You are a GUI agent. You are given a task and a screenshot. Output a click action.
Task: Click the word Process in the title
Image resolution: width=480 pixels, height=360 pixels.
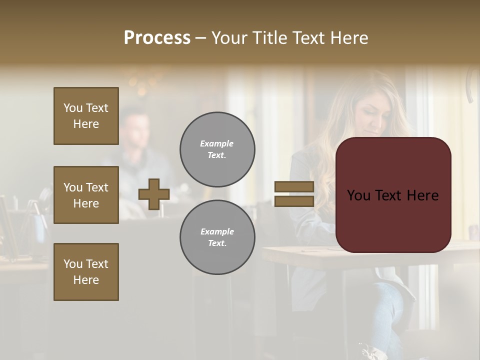click(157, 38)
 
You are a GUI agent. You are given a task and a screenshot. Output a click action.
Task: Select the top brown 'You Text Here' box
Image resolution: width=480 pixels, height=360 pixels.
click(86, 116)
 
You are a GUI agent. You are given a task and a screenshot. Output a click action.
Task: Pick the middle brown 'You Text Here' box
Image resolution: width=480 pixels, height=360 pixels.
click(86, 195)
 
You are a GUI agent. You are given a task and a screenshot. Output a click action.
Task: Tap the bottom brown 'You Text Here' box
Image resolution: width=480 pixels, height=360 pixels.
click(86, 272)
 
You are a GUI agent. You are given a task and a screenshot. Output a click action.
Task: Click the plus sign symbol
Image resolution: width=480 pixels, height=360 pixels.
click(154, 194)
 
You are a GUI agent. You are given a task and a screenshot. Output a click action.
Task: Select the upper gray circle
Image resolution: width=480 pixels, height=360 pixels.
click(217, 149)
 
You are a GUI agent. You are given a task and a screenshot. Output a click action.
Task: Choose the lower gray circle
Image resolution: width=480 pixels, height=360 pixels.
click(217, 237)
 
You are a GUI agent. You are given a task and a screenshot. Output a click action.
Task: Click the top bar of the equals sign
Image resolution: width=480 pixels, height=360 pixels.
click(294, 187)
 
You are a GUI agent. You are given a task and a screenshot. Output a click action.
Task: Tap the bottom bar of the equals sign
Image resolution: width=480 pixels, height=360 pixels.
click(294, 201)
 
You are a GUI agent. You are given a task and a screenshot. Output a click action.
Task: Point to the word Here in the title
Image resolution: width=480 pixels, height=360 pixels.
click(348, 38)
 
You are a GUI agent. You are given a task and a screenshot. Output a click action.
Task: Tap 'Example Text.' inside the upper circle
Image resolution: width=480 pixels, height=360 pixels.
click(217, 149)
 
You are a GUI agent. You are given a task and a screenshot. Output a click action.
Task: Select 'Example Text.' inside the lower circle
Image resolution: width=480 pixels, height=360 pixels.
click(217, 237)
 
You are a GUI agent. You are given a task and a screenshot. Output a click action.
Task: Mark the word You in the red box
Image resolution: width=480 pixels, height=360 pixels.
click(359, 195)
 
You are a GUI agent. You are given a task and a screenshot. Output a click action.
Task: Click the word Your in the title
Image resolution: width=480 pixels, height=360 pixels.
click(230, 38)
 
